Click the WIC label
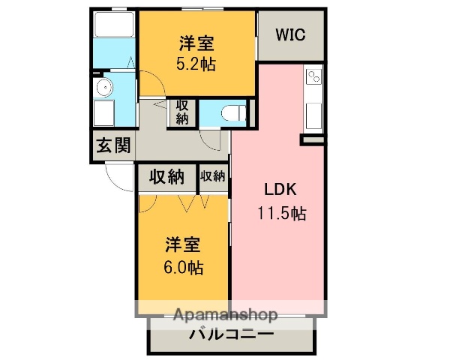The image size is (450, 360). (x=289, y=34)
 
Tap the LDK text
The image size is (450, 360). (x=278, y=189)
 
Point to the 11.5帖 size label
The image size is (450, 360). (x=278, y=213)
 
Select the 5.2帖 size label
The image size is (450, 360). (x=196, y=64)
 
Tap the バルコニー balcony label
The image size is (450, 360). (x=232, y=334)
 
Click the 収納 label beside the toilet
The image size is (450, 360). (x=182, y=112)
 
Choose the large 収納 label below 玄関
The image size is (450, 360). (x=166, y=177)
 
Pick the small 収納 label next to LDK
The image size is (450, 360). (x=213, y=177)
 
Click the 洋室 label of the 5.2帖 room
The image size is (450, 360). (x=196, y=43)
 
